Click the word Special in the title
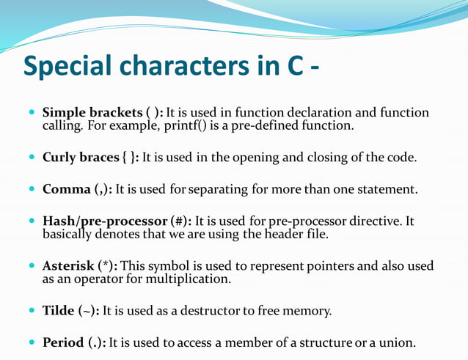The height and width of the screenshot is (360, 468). click(67, 67)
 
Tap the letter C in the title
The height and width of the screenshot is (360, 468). click(290, 67)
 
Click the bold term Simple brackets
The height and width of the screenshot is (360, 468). click(92, 113)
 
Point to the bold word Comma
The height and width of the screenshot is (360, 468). click(66, 189)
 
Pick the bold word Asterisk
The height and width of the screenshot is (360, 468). click(68, 265)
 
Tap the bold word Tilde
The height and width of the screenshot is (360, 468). click(59, 310)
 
